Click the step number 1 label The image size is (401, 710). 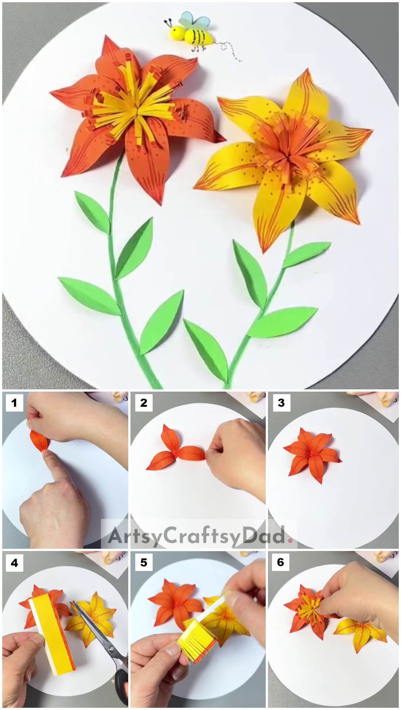click(14, 403)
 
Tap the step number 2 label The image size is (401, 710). click(144, 403)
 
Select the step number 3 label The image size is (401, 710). click(281, 403)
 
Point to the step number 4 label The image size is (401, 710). click(14, 563)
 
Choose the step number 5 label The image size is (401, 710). click(144, 563)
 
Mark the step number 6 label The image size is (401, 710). click(281, 563)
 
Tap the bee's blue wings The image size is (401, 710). click(191, 20)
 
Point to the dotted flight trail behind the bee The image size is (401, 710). click(231, 50)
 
